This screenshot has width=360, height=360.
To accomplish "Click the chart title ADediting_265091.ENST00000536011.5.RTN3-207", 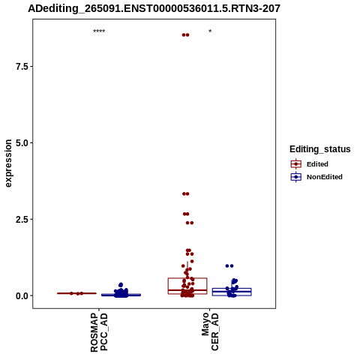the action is point(154,8).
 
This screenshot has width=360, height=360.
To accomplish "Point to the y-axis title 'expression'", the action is point(8,163).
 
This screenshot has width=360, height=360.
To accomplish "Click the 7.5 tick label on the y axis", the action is point(21,67).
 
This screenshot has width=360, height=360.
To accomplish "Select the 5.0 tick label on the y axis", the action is point(21,143).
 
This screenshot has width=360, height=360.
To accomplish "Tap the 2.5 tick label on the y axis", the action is point(21,219).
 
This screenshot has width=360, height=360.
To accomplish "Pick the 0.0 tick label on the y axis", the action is point(21,295).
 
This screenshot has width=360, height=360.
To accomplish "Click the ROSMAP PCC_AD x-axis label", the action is point(99,332).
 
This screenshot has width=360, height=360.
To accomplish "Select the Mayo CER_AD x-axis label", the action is point(210,331).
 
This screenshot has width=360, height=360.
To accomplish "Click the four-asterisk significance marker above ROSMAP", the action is point(99,31).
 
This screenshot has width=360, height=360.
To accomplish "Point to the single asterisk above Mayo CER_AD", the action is point(210,31).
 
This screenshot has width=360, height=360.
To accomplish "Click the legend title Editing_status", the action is point(320,149).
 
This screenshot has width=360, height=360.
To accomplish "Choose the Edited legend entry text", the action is point(317,164).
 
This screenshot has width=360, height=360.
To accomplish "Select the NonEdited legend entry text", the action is point(325,177).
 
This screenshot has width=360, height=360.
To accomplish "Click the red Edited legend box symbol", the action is point(296,164).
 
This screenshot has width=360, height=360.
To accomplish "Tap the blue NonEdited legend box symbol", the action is point(296,177).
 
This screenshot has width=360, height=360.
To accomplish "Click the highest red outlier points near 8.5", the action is point(185,35).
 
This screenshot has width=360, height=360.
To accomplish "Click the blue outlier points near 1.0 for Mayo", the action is point(229,266).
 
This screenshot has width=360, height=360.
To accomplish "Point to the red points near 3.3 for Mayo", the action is point(186,193).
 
